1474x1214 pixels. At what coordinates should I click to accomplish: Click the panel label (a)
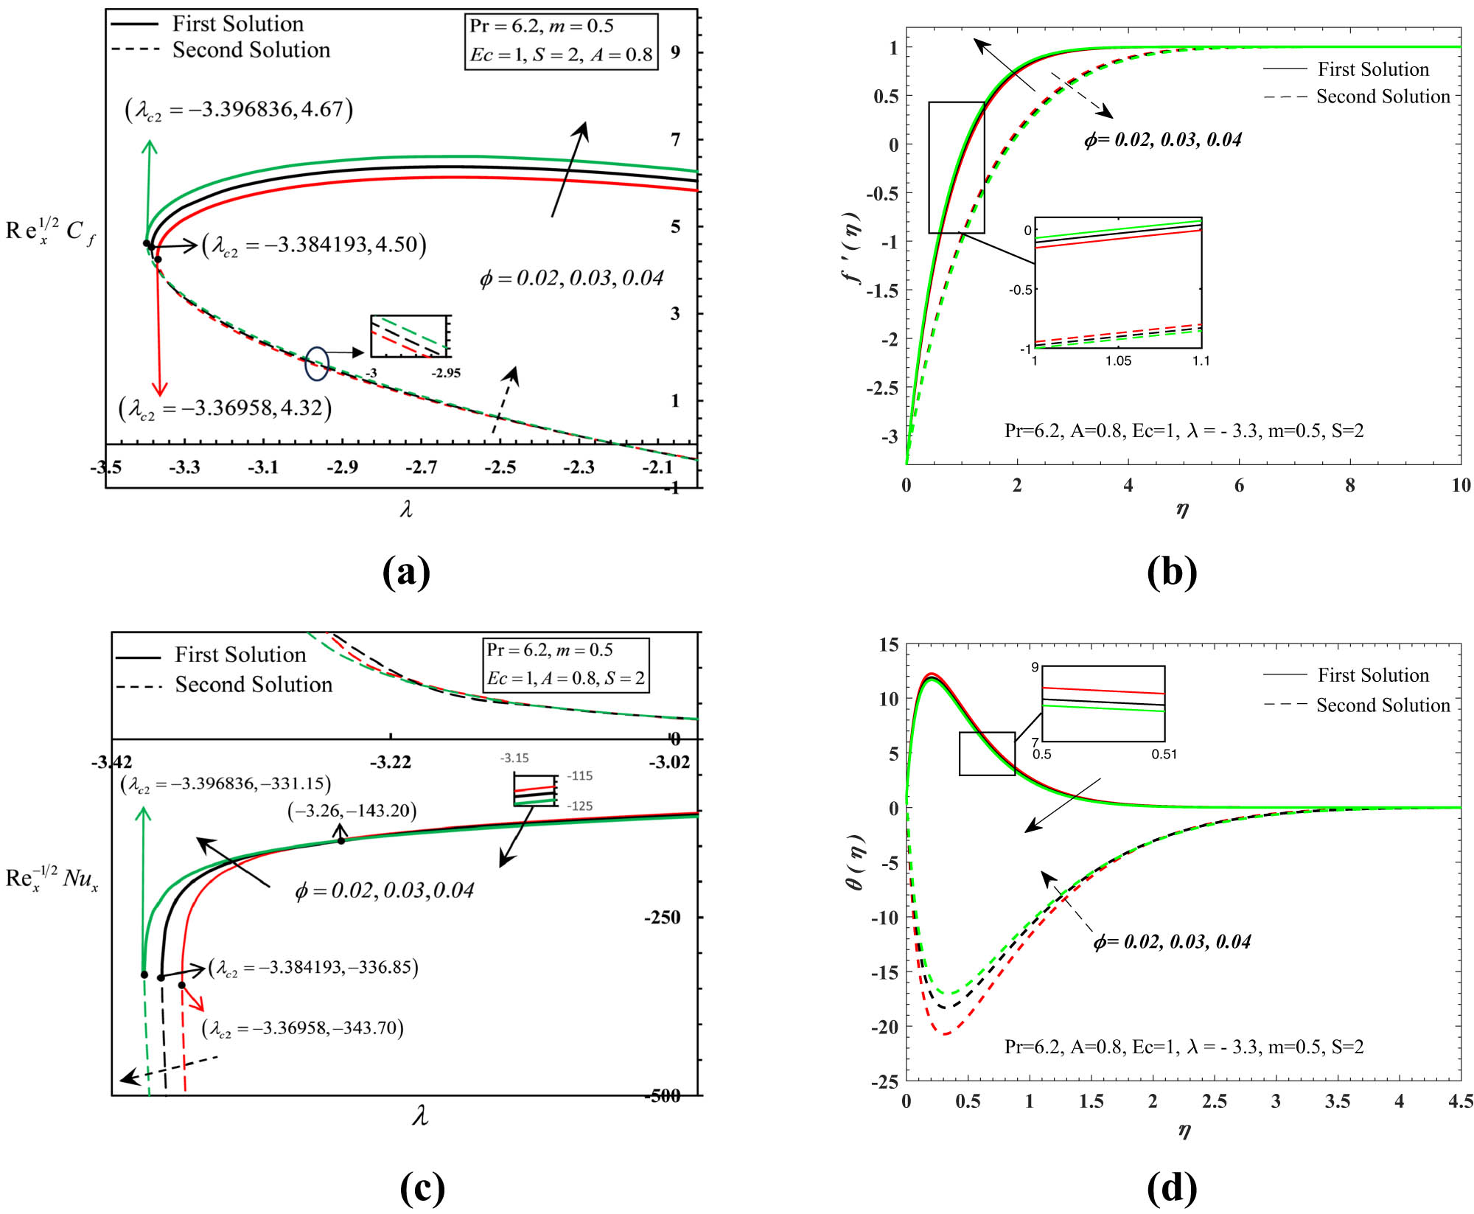point(406,571)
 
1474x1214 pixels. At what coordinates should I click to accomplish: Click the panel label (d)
point(1172,1187)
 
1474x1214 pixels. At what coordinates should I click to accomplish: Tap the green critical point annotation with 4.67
point(239,110)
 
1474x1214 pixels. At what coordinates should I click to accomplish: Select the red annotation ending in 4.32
point(225,408)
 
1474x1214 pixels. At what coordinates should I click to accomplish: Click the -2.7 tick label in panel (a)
point(421,467)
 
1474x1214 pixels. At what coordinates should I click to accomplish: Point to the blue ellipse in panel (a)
point(317,363)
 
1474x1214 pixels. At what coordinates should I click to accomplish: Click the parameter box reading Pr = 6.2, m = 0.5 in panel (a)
point(561,41)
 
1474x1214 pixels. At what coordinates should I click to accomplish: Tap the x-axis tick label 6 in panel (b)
point(1239,485)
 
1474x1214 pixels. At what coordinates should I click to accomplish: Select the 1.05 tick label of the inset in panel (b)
point(1118,361)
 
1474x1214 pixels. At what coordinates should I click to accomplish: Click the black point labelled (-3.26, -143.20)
point(340,840)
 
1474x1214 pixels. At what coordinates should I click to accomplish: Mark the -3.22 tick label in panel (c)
point(390,762)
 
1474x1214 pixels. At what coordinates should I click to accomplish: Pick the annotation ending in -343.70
point(303,1028)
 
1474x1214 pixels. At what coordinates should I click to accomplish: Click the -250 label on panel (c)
point(662,918)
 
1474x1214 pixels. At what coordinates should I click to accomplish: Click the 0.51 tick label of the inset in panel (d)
point(1164,754)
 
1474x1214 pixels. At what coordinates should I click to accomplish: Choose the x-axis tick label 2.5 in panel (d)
point(1214,1101)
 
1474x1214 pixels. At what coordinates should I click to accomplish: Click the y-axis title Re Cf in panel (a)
point(50,231)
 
